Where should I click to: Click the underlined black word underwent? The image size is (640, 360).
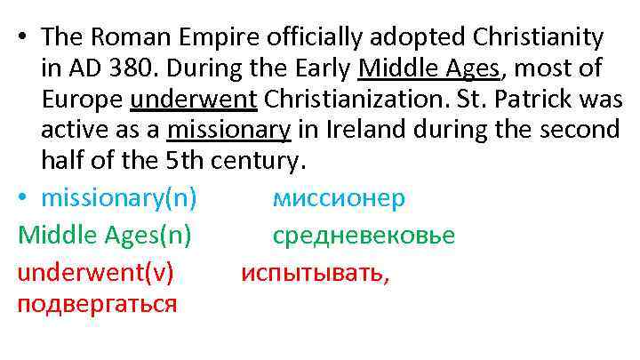coord(192,100)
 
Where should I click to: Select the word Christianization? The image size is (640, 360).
coord(365,100)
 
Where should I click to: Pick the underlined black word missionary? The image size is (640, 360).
coord(229,131)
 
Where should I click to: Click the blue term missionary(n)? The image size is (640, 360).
coord(118,197)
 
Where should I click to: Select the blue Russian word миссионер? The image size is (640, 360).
coord(338,197)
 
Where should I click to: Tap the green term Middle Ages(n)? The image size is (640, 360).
coord(104,235)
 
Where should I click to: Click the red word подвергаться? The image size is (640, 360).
coord(97,303)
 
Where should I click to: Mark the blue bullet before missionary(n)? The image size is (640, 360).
coord(23,197)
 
